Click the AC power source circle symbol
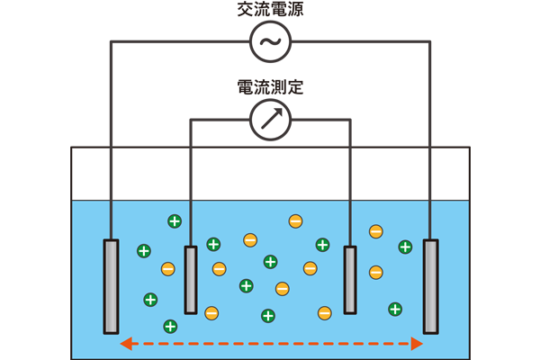tap(270, 41)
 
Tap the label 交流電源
tap(270, 10)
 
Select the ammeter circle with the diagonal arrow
tap(270, 118)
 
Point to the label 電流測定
tap(270, 87)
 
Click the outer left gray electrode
tap(111, 285)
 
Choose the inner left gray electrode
tap(191, 280)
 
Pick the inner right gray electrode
tap(350, 280)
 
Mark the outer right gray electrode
tap(431, 285)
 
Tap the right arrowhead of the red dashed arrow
tap(416, 343)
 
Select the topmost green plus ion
tap(175, 221)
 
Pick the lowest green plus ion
tap(169, 326)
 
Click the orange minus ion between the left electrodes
tap(167, 268)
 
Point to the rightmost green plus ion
tap(405, 247)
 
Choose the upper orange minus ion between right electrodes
tap(376, 231)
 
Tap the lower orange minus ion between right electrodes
tap(376, 271)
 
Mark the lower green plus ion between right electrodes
tap(395, 310)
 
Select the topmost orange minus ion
tap(295, 221)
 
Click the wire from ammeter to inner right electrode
tap(350, 180)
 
